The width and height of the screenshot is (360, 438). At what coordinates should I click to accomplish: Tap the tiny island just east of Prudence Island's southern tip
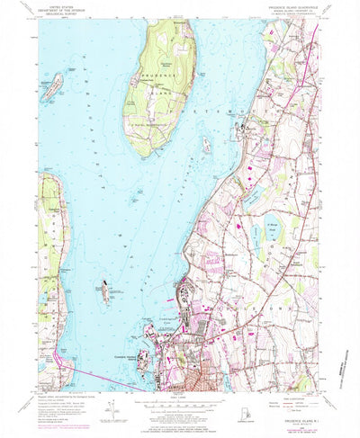pyautogui.click(x=206, y=144)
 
